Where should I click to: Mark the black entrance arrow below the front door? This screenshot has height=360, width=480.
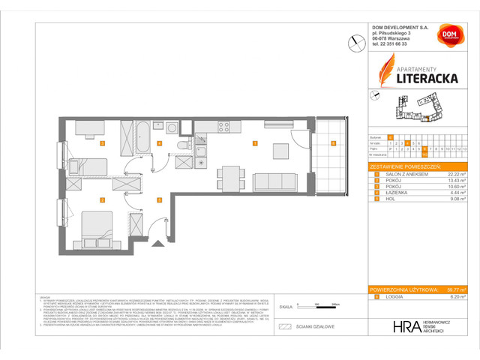[x=157, y=243]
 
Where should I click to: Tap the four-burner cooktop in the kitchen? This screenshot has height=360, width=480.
[x=223, y=127]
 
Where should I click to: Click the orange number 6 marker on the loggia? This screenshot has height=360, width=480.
[x=333, y=142]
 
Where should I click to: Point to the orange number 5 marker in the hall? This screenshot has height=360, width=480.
[x=158, y=199]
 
